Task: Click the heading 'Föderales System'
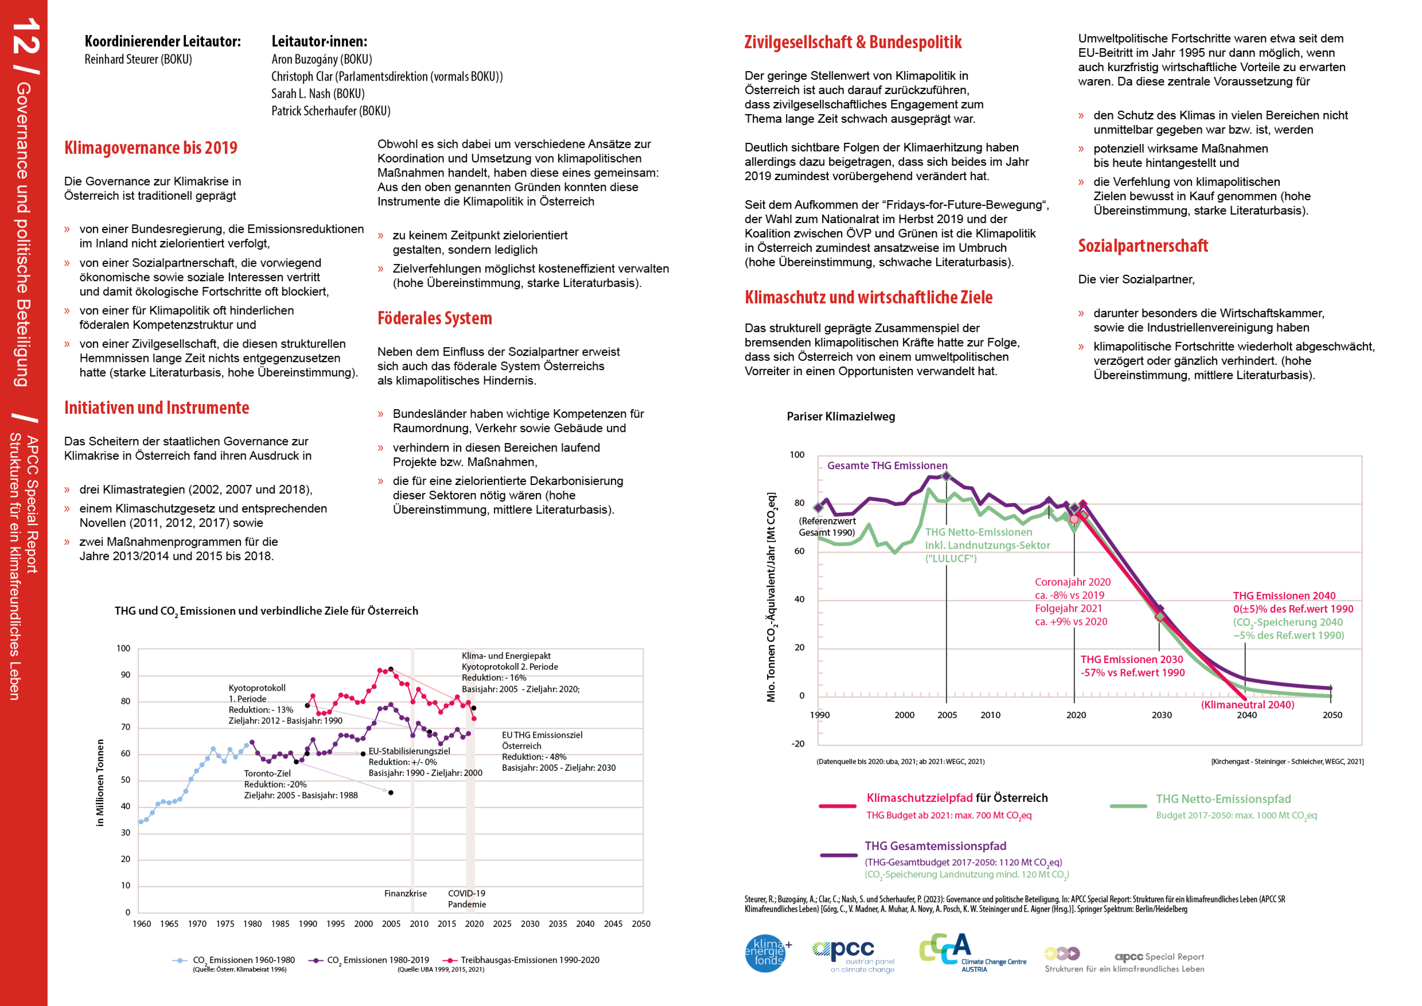435,318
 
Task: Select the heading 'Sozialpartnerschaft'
1143,246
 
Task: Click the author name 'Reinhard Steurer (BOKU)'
138,59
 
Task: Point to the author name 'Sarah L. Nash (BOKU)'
318,93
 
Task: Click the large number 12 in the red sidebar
25,36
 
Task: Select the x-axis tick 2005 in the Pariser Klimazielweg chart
946,715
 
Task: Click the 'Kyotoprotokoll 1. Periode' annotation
257,693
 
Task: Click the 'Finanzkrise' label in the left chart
405,893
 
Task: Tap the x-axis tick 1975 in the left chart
225,924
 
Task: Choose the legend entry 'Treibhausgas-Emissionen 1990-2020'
529,960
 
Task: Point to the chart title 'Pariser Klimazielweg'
840,417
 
